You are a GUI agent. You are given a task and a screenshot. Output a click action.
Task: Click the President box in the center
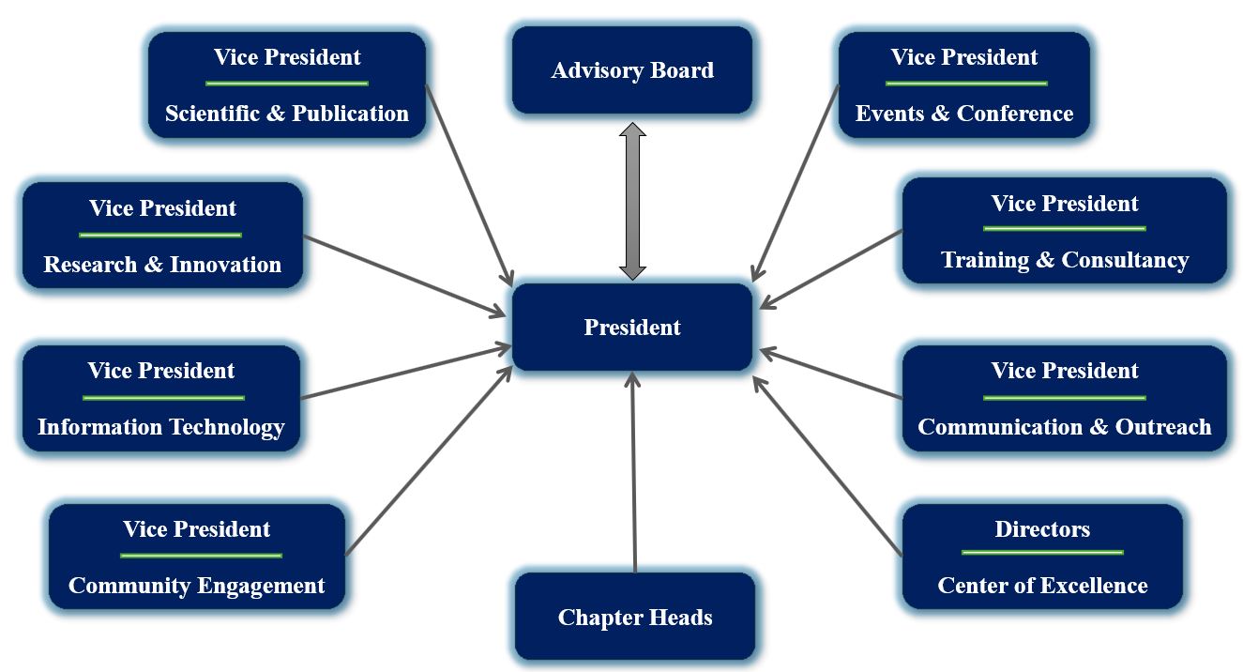coord(632,328)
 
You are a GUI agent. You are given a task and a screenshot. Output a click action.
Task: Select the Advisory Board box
coord(632,70)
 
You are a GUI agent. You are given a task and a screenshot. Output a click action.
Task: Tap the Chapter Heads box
coord(635,617)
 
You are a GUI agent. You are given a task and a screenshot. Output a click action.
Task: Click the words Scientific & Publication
coord(287,114)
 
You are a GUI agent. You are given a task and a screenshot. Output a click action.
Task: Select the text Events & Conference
coord(964,114)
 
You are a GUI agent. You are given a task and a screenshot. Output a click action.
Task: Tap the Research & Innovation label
coord(162,265)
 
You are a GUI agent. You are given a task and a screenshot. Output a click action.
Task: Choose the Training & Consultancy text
coord(1065,260)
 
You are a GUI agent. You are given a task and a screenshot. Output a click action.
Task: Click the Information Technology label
coord(161,427)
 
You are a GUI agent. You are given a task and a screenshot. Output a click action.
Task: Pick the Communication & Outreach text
coord(1065,427)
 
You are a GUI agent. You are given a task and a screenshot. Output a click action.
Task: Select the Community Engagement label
coord(197,586)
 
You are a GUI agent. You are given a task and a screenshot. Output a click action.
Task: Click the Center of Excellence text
coord(1042,586)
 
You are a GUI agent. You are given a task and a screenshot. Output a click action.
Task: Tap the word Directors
coord(1042,529)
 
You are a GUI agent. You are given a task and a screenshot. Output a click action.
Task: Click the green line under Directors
coord(1042,553)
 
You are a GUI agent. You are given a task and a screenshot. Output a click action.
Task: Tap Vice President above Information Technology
coord(161,371)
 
